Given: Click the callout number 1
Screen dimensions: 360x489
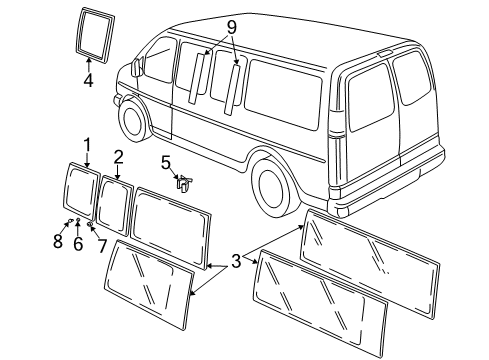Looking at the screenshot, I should [87, 144].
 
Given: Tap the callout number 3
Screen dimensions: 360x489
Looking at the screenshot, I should [236, 263].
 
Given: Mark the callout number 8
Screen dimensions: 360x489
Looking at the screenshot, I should [58, 241].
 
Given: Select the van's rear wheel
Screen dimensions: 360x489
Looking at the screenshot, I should [270, 182].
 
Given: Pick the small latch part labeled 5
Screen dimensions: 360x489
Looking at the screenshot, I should [184, 182].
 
